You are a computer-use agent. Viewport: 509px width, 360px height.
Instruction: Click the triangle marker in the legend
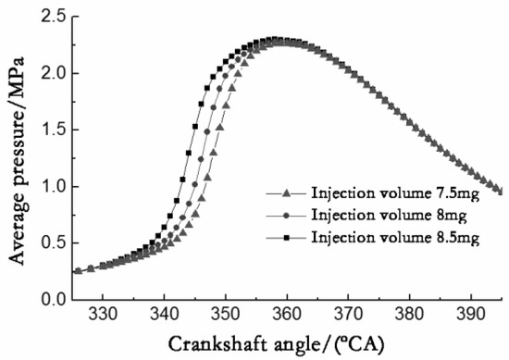(287, 193)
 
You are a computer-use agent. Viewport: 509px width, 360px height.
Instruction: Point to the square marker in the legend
(287, 238)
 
